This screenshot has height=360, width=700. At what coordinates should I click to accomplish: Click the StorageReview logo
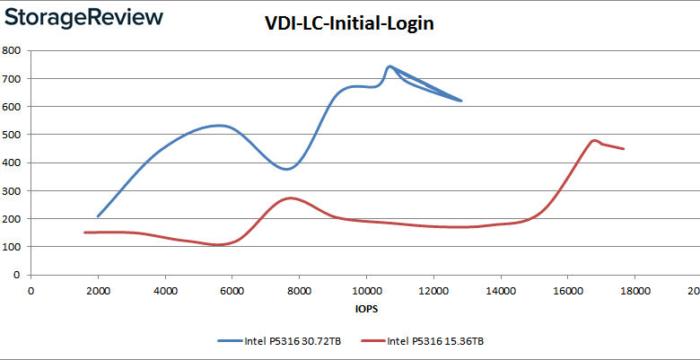click(x=83, y=18)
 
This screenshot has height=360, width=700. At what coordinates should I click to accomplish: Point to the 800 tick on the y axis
click(x=14, y=50)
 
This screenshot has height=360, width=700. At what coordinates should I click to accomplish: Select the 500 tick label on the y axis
click(x=14, y=135)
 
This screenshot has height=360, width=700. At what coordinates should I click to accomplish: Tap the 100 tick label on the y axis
click(x=14, y=247)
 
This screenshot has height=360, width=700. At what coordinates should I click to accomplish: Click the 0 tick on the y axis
click(x=20, y=275)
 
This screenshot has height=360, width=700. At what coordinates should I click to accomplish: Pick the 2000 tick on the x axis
click(x=98, y=290)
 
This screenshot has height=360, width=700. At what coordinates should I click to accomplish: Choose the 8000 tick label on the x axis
click(x=299, y=290)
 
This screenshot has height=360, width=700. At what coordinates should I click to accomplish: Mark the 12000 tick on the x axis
click(x=433, y=290)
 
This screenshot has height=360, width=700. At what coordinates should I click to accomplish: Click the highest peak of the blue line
click(x=389, y=66)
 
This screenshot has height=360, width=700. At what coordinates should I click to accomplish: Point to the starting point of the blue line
click(x=98, y=216)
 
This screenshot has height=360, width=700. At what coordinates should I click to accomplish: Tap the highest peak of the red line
click(x=594, y=140)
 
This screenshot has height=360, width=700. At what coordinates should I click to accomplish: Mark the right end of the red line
click(x=623, y=149)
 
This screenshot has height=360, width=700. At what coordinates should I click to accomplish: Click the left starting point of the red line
click(x=84, y=233)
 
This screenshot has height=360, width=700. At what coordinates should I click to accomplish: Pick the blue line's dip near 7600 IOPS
click(x=286, y=169)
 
